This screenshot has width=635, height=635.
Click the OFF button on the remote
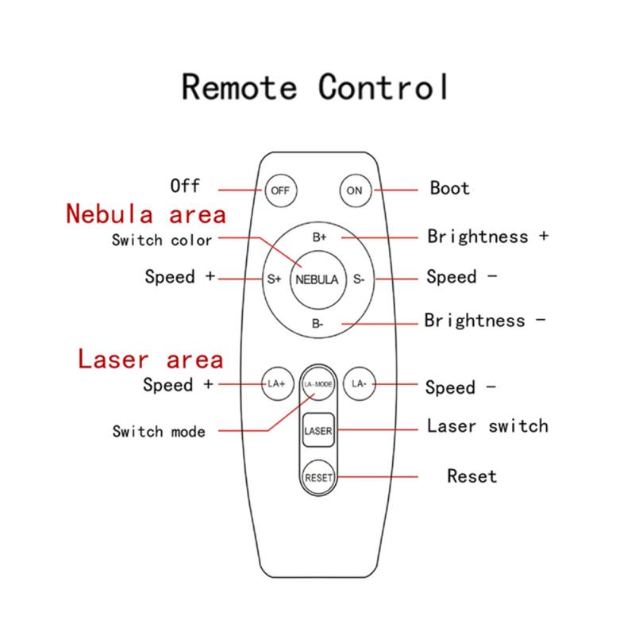point(281,190)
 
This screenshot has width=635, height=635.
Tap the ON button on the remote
point(355,190)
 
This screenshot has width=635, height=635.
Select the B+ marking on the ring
point(319,237)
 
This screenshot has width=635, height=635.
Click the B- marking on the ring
point(317,324)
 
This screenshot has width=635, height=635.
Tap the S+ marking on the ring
point(274,279)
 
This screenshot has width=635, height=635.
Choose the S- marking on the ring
point(359,279)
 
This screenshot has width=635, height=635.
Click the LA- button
point(360,383)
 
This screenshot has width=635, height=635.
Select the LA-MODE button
point(318,383)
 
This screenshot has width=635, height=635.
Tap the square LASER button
point(318,430)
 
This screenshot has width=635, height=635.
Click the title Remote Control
point(315,87)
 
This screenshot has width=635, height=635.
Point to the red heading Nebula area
point(146,214)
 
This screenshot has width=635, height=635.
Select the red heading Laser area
point(151,359)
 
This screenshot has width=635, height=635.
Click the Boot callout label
point(450,188)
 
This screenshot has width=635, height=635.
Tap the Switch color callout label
point(162,241)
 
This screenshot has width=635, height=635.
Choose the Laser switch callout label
point(487,426)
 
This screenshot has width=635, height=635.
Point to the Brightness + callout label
point(488,237)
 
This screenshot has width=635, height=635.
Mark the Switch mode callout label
point(159,431)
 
